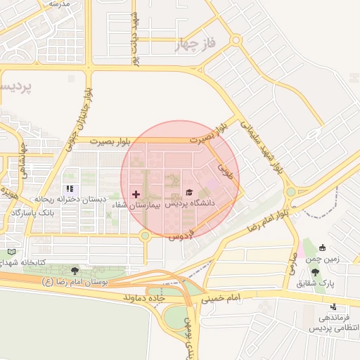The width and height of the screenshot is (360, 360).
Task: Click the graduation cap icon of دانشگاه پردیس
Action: point(188,191)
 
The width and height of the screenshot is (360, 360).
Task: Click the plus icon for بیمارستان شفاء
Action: point(136,193)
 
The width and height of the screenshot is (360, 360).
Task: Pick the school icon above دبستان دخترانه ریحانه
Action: point(69,188)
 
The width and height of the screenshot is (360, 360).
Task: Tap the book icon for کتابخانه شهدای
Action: point(11,251)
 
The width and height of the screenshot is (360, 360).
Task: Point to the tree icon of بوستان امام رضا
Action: point(75,270)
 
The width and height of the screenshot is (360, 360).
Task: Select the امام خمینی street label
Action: point(221,298)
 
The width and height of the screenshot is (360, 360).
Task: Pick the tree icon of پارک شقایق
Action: point(314,272)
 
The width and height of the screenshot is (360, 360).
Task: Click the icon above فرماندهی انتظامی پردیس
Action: point(333,307)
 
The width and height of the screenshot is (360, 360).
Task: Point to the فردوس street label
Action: point(179,237)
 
